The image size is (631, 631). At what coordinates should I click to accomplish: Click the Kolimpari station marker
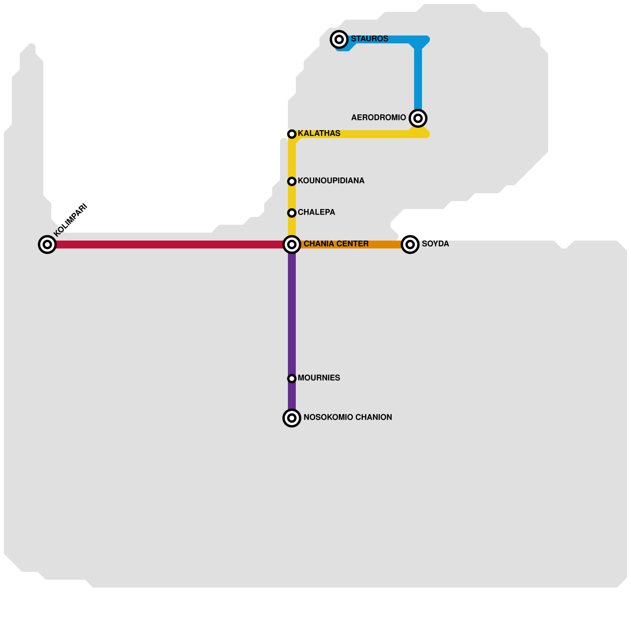47,245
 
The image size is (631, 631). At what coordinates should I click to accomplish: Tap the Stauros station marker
339,39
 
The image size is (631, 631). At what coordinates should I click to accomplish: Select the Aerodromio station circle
418,118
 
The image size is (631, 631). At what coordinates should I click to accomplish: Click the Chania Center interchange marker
292,245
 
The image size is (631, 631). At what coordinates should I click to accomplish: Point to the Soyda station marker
410,245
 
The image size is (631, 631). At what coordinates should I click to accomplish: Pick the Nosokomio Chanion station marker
292,418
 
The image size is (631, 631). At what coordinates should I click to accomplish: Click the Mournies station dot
292,379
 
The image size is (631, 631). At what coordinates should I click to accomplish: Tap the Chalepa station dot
292,213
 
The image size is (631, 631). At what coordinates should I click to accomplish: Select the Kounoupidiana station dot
292,181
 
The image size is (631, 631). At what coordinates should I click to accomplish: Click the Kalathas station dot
292,134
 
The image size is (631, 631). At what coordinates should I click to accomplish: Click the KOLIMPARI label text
70,220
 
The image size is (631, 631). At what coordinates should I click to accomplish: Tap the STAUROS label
370,39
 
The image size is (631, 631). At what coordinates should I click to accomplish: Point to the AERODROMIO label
379,118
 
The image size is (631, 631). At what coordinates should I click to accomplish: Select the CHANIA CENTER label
336,244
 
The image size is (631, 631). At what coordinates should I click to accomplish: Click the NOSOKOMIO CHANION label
348,418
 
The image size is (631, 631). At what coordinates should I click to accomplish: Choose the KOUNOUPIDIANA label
331,181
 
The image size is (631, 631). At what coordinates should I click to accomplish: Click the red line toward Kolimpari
170,245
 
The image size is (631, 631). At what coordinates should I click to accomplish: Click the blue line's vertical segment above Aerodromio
418,79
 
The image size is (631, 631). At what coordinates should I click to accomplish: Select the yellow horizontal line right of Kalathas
375,134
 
